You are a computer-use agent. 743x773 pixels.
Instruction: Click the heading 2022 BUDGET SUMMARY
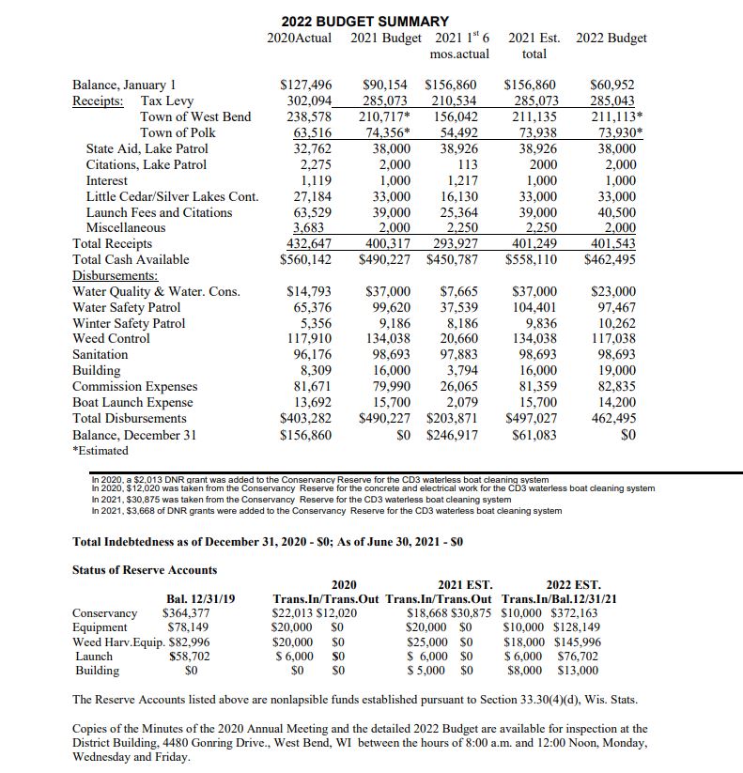[x=364, y=21]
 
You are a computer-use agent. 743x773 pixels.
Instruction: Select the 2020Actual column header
[x=299, y=39]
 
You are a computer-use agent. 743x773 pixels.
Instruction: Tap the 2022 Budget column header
[x=611, y=39]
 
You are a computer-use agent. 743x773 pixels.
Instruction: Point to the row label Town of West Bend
[x=195, y=116]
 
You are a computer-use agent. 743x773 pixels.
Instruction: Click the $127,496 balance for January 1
[x=307, y=85]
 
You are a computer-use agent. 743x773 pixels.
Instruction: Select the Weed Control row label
[x=111, y=338]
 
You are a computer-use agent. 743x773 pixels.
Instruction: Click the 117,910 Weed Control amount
[x=309, y=338]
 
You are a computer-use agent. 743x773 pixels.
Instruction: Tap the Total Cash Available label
[x=131, y=259]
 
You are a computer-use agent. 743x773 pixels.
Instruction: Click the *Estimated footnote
[x=102, y=451]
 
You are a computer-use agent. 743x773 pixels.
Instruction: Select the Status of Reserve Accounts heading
[x=145, y=569]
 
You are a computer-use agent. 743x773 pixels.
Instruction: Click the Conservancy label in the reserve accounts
[x=104, y=613]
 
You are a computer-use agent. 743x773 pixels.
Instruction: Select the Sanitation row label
[x=100, y=354]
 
